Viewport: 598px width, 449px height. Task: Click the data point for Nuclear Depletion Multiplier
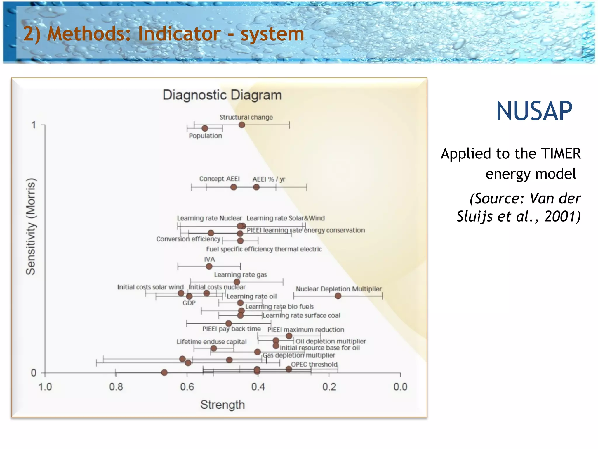[x=338, y=296]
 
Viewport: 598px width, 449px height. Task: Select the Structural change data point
[x=242, y=125]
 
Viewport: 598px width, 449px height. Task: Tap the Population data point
[x=205, y=128]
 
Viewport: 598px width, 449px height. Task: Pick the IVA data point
[x=209, y=266]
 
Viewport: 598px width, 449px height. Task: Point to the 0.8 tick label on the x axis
[x=116, y=387]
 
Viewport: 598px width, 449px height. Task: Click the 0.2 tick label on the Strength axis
[x=329, y=387]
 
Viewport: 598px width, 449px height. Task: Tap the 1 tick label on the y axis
[x=34, y=125]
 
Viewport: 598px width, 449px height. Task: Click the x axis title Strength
[x=222, y=405]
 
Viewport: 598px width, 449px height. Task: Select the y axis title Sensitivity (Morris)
[x=31, y=227]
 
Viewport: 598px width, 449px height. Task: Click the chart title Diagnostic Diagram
[x=222, y=95]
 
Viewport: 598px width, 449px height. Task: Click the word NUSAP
[x=534, y=111]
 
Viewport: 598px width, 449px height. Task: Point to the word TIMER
[x=561, y=154]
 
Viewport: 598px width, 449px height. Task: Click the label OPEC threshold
[x=314, y=365]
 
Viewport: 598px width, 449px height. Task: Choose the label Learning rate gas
[x=240, y=275]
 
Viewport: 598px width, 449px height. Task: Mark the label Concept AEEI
[x=219, y=179]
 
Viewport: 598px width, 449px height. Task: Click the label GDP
[x=189, y=303]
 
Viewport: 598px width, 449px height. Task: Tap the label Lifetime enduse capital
[x=211, y=342]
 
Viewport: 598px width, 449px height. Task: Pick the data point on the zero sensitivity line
[x=164, y=372]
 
